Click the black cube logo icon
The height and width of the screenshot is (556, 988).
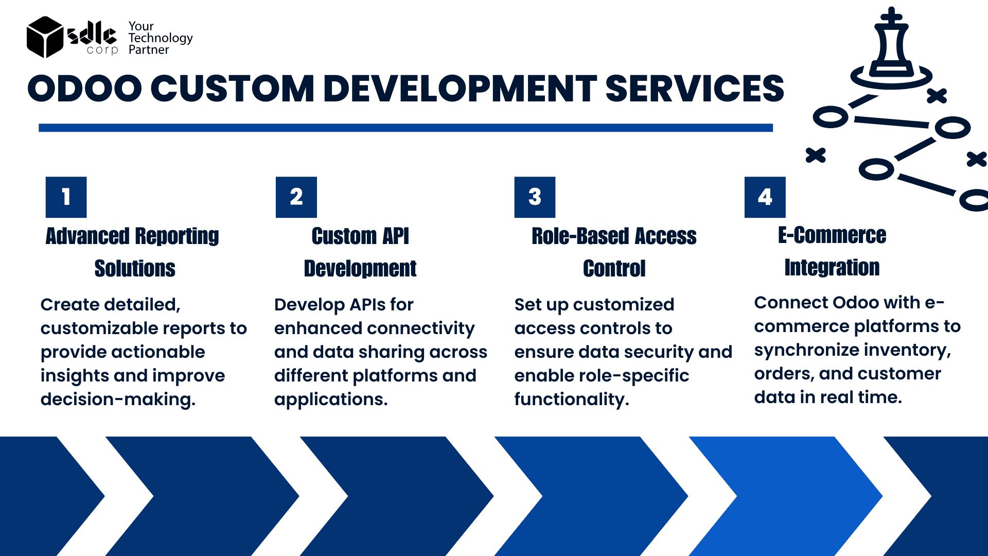pos(45,37)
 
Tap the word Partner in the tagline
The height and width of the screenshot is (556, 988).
pos(149,49)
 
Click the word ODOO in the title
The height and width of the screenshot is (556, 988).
pos(85,88)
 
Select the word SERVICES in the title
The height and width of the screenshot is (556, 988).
pos(695,88)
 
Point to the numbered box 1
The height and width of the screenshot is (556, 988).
pos(66,197)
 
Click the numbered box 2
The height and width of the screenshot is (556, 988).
pos(296,197)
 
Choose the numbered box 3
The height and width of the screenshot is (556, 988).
pos(535,197)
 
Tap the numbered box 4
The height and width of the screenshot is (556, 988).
pos(765,197)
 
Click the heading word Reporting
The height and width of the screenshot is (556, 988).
pos(177,236)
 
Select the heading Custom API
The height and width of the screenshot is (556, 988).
pos(360,236)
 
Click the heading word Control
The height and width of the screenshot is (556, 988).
pos(614,268)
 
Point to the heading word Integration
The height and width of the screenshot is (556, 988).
pos(832,267)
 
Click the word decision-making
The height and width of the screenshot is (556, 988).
pos(118,399)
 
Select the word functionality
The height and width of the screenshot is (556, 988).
pos(572,399)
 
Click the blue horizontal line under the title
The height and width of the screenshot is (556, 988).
pos(405,128)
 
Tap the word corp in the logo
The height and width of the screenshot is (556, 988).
pos(102,50)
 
